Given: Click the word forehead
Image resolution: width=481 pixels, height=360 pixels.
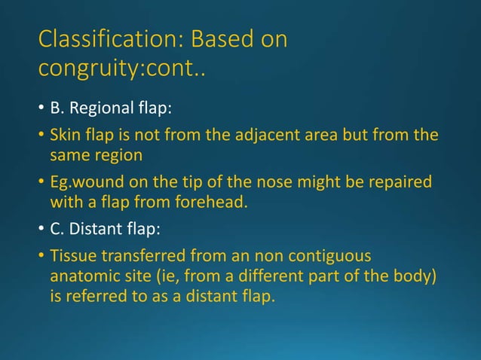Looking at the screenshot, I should (204, 201).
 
